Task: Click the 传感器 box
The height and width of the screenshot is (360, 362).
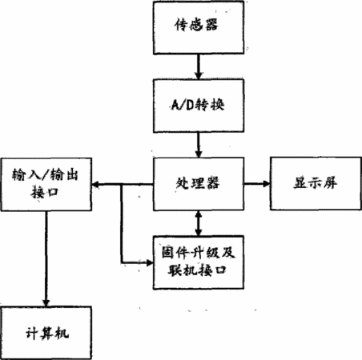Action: (x=199, y=27)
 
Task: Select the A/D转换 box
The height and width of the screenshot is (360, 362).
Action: (x=199, y=106)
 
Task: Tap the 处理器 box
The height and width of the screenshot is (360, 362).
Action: (x=199, y=184)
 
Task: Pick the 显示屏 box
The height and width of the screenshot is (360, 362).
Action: (x=316, y=183)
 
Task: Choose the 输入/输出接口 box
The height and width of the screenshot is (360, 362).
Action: (x=46, y=185)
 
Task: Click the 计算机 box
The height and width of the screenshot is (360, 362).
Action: (x=46, y=333)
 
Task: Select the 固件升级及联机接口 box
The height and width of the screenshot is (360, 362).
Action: (x=199, y=262)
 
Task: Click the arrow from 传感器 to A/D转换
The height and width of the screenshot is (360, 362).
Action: (x=199, y=66)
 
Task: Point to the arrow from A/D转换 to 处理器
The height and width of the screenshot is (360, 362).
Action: (x=199, y=145)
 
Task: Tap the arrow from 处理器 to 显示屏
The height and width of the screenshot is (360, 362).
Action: (x=257, y=183)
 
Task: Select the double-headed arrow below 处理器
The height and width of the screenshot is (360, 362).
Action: (x=199, y=223)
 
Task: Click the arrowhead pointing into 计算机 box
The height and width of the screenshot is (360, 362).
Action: (x=46, y=303)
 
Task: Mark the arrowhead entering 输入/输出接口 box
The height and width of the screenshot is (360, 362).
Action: (x=95, y=184)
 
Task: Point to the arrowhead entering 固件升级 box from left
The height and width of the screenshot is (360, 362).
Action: (x=150, y=263)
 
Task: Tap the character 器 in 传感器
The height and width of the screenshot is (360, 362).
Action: (x=211, y=25)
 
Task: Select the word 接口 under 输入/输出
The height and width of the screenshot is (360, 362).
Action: (x=44, y=192)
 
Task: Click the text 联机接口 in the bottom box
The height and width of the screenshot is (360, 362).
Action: (x=197, y=270)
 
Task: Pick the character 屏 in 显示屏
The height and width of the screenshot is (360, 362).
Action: (x=330, y=183)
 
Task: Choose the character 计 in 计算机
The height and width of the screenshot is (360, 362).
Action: (x=32, y=333)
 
